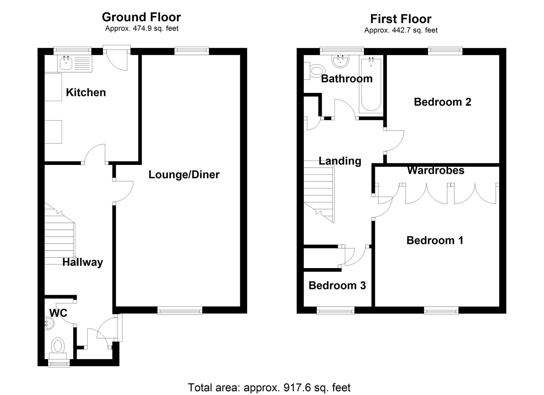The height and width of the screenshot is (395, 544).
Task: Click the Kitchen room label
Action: point(86,93)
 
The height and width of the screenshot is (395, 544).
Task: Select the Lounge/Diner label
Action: point(184,175)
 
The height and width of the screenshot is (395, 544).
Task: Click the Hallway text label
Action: point(82,262)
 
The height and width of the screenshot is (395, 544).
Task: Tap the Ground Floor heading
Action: point(141,17)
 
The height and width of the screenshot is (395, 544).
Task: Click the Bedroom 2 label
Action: point(442,102)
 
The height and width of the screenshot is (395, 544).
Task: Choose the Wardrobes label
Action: point(435,171)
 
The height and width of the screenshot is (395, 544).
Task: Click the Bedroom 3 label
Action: point(337,286)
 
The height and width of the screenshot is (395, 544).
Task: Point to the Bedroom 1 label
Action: point(435,240)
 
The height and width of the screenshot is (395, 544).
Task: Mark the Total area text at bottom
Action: point(269,387)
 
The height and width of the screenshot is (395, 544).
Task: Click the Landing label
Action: point(340,161)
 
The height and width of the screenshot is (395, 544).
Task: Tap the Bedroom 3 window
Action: point(335,310)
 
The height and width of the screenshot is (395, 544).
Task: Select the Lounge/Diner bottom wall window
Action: point(180,310)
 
